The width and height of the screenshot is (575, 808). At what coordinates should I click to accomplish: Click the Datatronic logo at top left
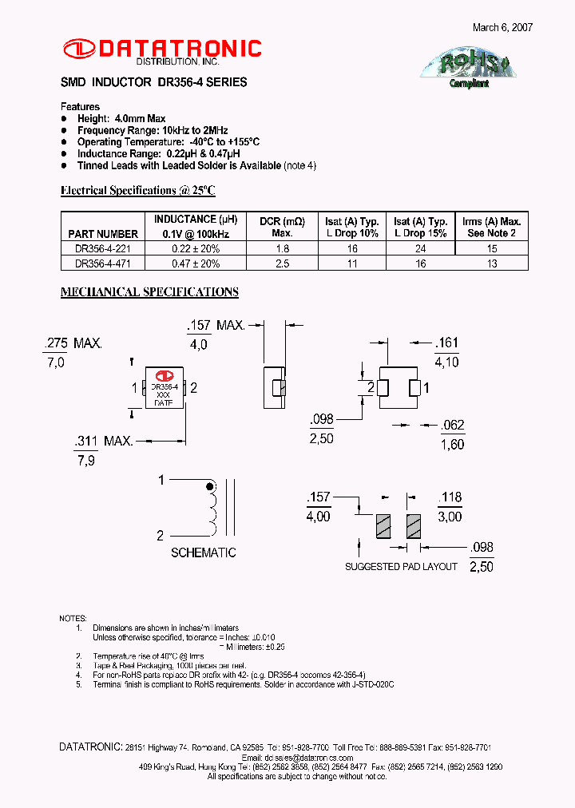[x=162, y=50]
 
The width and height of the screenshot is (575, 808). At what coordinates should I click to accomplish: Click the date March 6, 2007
[x=502, y=27]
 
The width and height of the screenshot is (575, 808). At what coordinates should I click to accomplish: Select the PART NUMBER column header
[x=103, y=234]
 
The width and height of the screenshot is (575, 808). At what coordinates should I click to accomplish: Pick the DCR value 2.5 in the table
[x=282, y=263]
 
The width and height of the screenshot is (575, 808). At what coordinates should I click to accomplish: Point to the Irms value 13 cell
[x=491, y=263]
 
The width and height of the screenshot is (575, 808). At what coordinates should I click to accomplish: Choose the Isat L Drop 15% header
[x=420, y=227]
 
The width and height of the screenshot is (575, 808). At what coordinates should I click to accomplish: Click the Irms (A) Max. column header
[x=491, y=227]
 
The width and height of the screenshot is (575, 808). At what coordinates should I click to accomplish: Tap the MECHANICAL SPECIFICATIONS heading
[x=149, y=292]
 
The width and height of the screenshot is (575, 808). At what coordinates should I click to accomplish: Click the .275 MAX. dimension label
[x=72, y=343]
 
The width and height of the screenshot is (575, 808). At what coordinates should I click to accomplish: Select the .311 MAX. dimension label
[x=103, y=441]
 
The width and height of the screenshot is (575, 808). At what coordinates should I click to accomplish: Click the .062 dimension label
[x=452, y=426]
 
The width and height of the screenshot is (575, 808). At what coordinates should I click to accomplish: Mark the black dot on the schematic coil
[x=211, y=486]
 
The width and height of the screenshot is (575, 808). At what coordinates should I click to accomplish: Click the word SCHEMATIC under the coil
[x=204, y=553]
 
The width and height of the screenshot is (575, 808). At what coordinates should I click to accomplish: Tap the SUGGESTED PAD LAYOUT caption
[x=401, y=566]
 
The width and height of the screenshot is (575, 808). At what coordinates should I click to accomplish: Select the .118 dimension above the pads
[x=450, y=497]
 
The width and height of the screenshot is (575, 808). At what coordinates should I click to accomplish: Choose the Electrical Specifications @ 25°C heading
[x=138, y=190]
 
